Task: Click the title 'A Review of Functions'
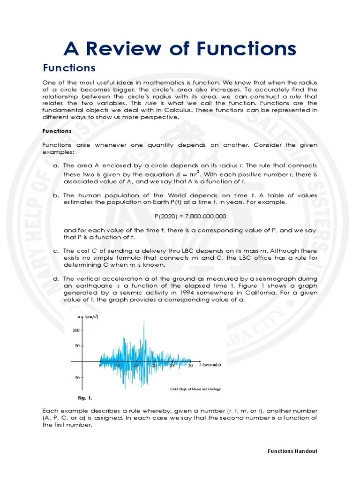coord(180,48)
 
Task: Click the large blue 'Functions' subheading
coord(69,68)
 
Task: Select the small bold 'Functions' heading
coord(57,131)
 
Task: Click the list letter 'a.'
coord(55,166)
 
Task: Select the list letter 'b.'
coord(55,195)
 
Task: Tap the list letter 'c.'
coord(55,251)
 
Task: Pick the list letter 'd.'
coord(55,278)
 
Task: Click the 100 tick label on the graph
coord(76,330)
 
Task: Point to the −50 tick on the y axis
coord(75,377)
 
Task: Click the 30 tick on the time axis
coord(190,366)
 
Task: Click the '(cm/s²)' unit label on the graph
coord(91,317)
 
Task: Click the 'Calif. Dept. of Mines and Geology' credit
coord(195,389)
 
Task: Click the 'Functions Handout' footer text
coord(292,451)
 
